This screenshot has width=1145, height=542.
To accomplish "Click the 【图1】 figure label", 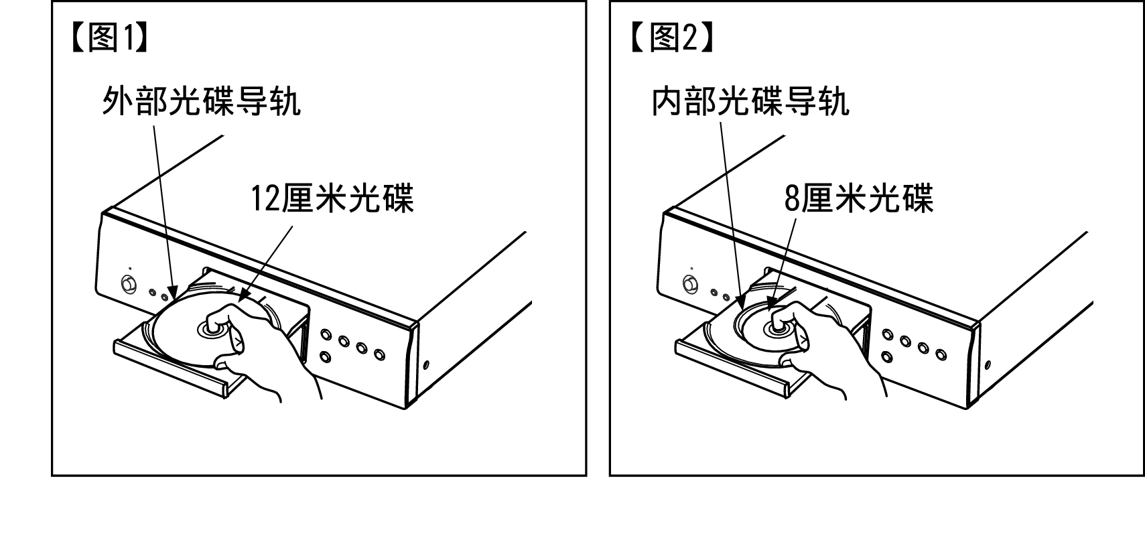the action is [x=110, y=38].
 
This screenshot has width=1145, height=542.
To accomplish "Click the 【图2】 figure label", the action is [x=672, y=38].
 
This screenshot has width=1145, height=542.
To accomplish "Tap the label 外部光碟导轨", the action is [x=202, y=100].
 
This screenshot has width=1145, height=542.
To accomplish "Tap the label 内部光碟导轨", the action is [x=750, y=100].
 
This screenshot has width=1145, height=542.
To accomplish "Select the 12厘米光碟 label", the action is [x=332, y=198].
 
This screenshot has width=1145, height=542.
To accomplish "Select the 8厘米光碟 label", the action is [x=859, y=198].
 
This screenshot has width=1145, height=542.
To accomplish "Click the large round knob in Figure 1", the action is [x=129, y=284].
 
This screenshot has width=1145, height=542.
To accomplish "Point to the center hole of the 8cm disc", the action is [x=777, y=329].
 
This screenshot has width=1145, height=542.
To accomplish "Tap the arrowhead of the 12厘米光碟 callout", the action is [x=243, y=297].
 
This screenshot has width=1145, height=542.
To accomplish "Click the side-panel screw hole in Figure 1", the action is [x=426, y=365].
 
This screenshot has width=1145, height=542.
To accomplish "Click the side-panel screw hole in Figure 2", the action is [x=988, y=365].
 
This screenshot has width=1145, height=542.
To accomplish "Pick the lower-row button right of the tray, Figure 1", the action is [x=325, y=356].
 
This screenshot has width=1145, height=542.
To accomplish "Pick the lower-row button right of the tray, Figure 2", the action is [x=887, y=356].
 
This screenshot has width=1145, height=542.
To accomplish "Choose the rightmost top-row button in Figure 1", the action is [x=379, y=354].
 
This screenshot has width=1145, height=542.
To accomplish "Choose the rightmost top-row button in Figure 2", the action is [x=941, y=354].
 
